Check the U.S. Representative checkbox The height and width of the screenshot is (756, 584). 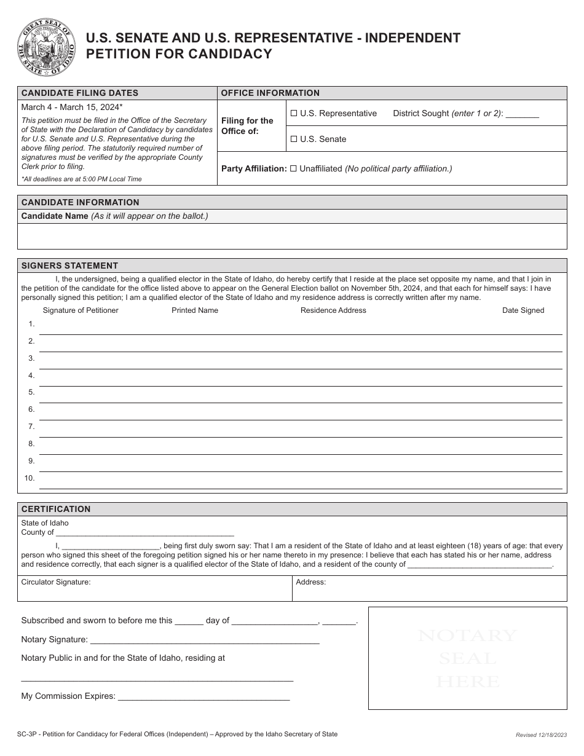point(294,114)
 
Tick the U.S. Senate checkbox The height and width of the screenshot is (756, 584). point(294,140)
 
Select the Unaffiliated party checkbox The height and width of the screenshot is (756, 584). point(293,168)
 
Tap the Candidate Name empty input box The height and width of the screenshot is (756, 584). point(292,236)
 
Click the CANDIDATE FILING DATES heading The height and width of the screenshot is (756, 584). point(80,93)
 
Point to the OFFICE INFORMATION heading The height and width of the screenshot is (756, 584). point(270,93)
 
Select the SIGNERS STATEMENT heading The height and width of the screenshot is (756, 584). point(69,266)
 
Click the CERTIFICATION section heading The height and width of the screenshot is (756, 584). point(56,509)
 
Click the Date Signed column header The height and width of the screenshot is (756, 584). point(523,310)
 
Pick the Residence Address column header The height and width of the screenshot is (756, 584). point(333,310)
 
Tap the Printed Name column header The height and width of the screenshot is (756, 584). point(195,310)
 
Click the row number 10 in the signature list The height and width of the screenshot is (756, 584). point(30,478)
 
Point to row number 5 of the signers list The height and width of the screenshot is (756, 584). point(31,392)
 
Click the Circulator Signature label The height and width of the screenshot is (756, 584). point(56,582)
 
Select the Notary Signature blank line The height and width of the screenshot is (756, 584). point(204,641)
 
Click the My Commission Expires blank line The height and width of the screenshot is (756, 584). point(203,698)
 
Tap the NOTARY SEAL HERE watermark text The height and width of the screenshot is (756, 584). point(467,658)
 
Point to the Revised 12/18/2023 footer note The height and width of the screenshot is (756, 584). point(541,735)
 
